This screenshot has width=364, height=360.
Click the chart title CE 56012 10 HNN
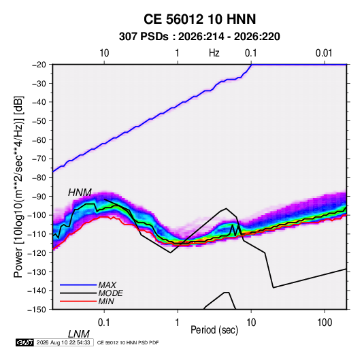[199, 19]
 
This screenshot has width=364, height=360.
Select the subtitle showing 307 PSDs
[199, 37]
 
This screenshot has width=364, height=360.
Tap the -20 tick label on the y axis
[39, 65]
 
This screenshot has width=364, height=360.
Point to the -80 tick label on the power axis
[39, 178]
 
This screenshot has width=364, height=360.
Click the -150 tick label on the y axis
[37, 310]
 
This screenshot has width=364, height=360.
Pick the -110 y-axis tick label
[37, 234]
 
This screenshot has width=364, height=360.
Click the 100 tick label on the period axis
[325, 323]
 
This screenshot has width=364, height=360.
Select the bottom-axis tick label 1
[178, 323]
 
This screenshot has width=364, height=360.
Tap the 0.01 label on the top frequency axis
[324, 53]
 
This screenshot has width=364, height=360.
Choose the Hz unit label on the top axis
[214, 53]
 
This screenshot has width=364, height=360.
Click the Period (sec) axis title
[214, 330]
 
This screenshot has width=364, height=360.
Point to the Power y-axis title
[18, 186]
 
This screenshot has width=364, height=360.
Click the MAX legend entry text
[107, 285]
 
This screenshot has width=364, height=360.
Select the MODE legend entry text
[110, 293]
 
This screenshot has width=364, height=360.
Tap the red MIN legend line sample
[78, 301]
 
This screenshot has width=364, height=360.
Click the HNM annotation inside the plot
[80, 193]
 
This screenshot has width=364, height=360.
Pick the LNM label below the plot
[78, 334]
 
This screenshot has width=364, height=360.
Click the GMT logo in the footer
[24, 342]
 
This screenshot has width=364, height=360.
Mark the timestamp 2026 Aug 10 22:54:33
[63, 342]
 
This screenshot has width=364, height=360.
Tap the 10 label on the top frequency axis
[104, 53]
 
